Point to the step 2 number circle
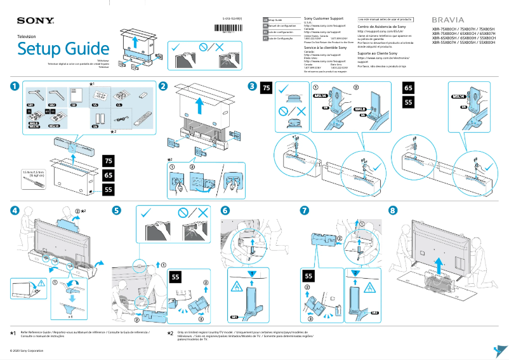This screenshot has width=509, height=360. (163, 86)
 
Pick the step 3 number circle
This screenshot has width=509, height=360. (253, 86)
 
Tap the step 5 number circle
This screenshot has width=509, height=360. (116, 210)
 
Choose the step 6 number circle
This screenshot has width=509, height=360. (224, 210)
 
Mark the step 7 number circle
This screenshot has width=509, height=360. (305, 210)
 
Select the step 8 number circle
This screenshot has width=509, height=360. (392, 210)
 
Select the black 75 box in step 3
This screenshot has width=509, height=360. (267, 88)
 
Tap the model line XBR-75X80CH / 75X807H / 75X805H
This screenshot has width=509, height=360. (463, 29)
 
